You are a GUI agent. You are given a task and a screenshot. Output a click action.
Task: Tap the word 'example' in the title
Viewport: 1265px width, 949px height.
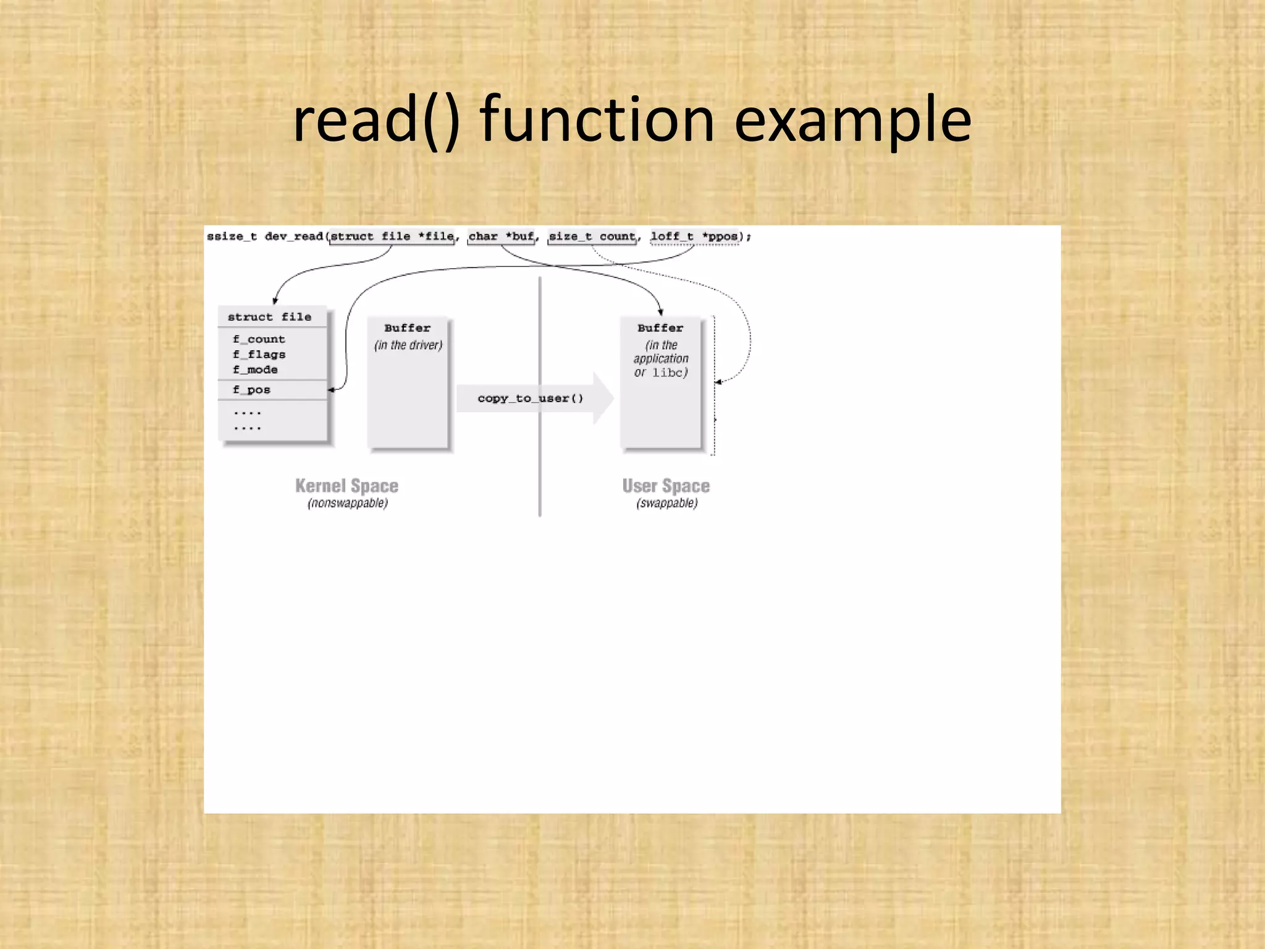[852, 120]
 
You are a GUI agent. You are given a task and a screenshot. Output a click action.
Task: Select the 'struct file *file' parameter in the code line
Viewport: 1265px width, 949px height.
[392, 237]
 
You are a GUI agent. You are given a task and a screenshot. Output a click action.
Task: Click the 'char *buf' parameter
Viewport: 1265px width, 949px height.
[501, 237]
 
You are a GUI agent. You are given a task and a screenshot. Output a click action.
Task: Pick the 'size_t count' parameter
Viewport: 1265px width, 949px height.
[592, 237]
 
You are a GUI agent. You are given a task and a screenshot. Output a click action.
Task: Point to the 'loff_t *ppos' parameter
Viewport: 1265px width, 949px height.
[694, 237]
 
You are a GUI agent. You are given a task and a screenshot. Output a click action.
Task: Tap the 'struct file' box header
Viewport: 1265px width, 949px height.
[269, 317]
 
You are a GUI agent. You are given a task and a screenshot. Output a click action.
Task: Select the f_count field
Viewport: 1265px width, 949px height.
[259, 339]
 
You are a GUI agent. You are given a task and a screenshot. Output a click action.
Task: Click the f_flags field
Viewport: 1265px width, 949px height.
[259, 355]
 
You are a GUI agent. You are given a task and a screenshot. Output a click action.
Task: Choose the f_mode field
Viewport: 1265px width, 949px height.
[255, 369]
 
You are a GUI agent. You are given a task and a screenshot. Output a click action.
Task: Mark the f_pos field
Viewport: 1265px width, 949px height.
[251, 390]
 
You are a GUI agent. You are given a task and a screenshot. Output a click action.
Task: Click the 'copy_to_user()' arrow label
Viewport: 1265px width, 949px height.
[530, 399]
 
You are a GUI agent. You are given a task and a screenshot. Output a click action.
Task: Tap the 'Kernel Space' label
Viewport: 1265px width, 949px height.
[347, 486]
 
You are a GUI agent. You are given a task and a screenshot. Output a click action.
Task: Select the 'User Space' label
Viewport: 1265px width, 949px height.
[666, 486]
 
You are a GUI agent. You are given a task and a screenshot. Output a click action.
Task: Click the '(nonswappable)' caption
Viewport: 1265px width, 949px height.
[348, 504]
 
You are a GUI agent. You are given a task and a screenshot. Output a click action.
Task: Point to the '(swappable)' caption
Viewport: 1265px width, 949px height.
[667, 504]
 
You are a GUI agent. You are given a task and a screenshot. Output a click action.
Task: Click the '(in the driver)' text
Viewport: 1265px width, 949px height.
[408, 345]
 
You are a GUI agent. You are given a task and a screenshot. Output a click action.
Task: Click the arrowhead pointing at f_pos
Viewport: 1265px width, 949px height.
[332, 390]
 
